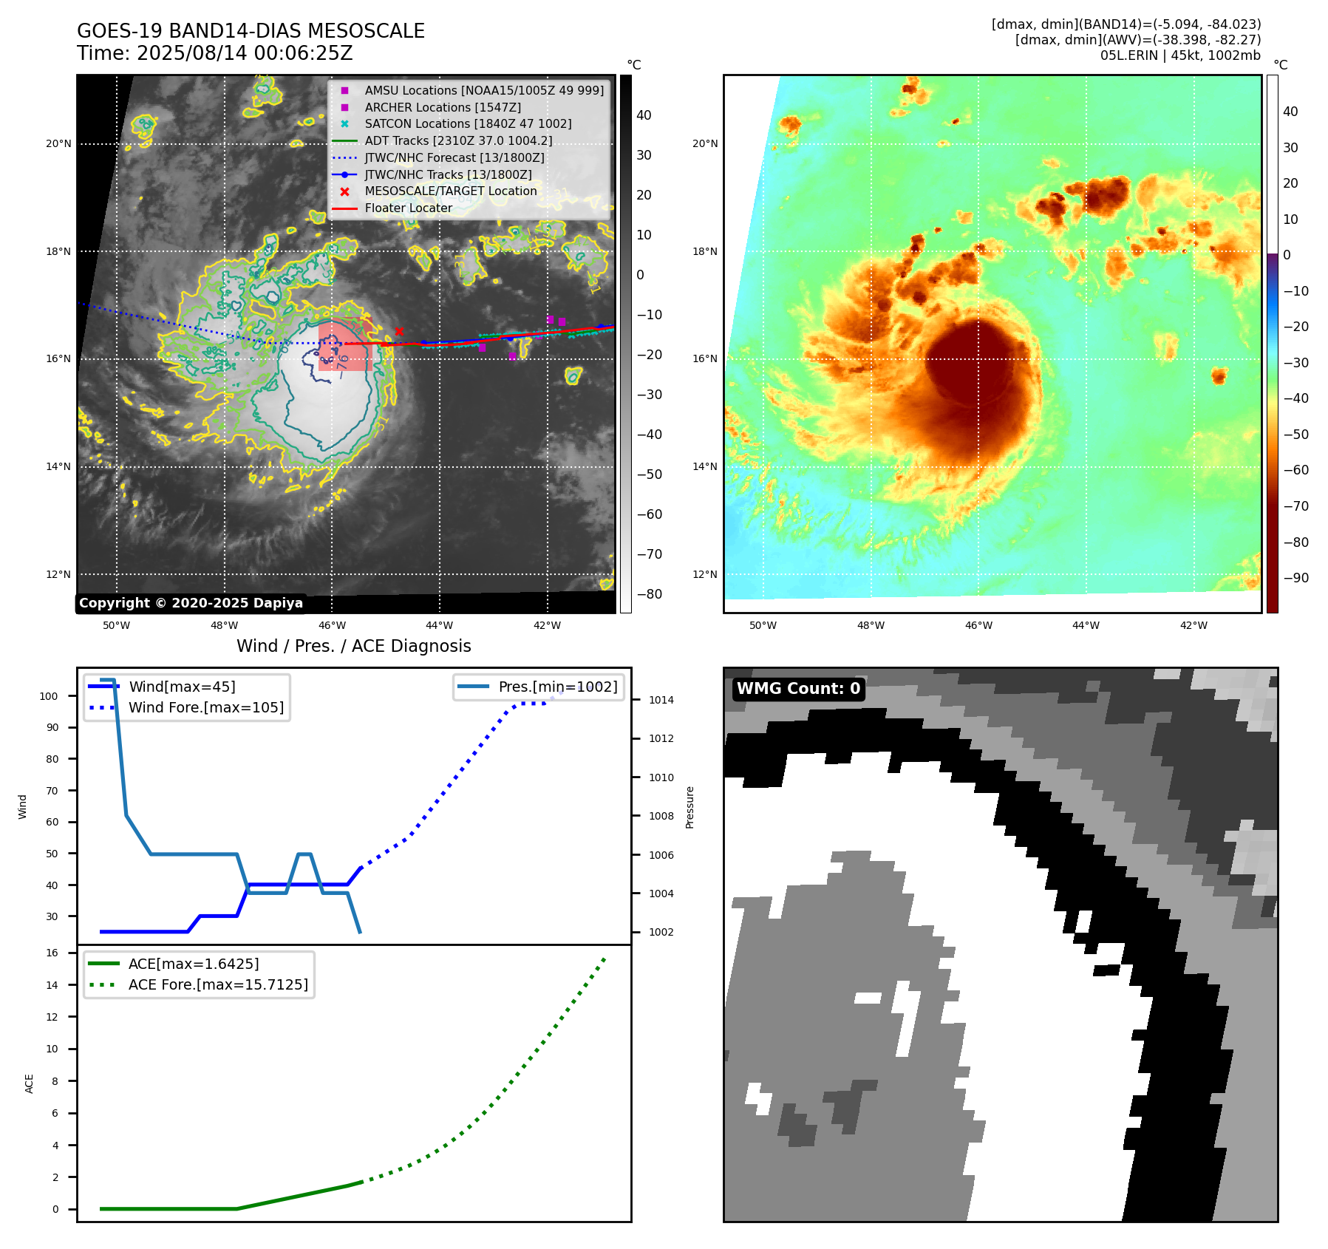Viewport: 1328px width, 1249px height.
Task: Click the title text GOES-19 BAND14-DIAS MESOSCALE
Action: [251, 31]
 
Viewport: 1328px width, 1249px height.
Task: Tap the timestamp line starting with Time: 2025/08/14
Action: [214, 53]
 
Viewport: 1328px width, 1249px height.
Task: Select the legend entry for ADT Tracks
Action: [458, 140]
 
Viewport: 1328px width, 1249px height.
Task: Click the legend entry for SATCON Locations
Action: [468, 123]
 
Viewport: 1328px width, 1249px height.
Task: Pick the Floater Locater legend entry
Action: [408, 208]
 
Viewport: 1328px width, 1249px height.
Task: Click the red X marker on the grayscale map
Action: [399, 331]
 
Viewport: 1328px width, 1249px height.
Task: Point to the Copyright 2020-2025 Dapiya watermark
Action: [191, 603]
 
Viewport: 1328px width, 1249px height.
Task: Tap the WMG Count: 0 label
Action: [798, 689]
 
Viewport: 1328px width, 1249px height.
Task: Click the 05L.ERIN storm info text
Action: [1180, 55]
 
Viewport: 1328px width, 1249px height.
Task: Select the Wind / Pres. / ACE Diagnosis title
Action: [353, 646]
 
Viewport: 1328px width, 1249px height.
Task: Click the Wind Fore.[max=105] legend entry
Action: [205, 707]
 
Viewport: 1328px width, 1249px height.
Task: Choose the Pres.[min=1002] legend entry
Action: [557, 687]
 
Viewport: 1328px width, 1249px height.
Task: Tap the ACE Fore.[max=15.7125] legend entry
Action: [218, 984]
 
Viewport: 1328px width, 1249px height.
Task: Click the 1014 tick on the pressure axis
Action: [661, 700]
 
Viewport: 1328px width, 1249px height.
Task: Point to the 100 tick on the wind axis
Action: [49, 696]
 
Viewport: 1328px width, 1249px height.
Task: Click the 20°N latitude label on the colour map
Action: [704, 143]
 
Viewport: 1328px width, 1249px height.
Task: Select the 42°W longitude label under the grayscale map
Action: [547, 625]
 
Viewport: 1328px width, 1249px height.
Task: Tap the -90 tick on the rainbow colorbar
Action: [1295, 578]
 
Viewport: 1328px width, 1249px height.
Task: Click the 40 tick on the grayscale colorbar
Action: [644, 115]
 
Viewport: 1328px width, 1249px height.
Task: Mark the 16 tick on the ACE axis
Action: [52, 953]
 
